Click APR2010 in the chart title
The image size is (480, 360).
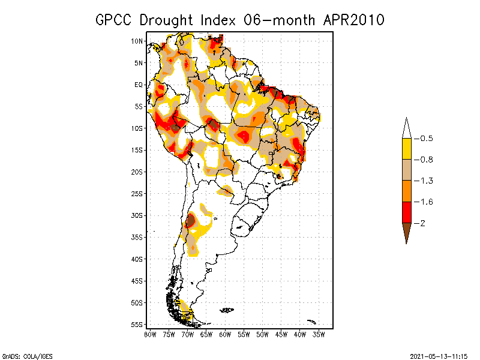pos(354,20)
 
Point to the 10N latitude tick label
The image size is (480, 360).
pos(137,41)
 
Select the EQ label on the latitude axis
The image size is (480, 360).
pos(139,85)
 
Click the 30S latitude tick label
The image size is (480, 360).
pos(137,215)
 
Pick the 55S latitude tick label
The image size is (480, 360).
pos(137,325)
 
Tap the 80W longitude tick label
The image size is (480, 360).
pos(150,334)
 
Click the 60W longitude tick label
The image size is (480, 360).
pos(225,334)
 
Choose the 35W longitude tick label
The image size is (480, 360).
pos(319,334)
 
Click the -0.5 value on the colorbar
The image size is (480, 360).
pos(426,139)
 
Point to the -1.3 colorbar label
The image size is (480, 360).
pos(426,181)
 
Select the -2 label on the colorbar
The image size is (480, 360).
pos(423,223)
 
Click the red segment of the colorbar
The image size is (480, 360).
pos(406,212)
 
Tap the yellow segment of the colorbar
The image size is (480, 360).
pos(406,149)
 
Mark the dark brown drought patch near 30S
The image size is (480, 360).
pos(190,221)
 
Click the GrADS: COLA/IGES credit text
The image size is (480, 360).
pos(22,355)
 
